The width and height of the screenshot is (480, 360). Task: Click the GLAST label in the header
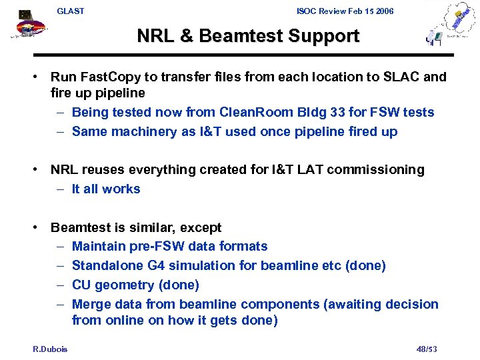(71, 11)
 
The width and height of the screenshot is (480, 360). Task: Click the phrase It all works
(106, 189)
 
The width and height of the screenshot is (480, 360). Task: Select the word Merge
(91, 304)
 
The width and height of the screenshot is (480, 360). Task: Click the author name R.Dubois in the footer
(50, 349)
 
